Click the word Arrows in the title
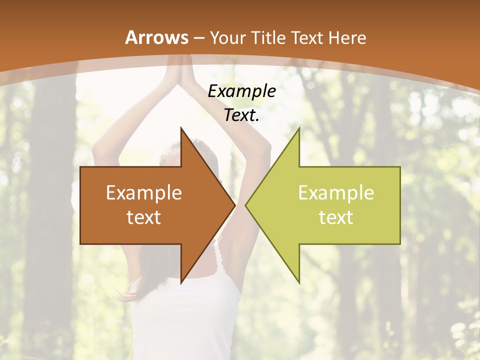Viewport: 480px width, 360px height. (156, 37)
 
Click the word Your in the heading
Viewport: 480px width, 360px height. (227, 37)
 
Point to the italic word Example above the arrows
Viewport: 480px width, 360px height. (241, 91)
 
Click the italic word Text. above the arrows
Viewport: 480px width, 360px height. (241, 115)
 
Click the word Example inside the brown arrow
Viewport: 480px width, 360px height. (144, 193)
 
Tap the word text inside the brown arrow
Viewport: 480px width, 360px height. (144, 217)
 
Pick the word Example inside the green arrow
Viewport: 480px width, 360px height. (336, 193)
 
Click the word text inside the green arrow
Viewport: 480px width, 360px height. (336, 217)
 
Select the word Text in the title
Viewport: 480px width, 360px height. (308, 37)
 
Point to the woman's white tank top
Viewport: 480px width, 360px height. (190, 320)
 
